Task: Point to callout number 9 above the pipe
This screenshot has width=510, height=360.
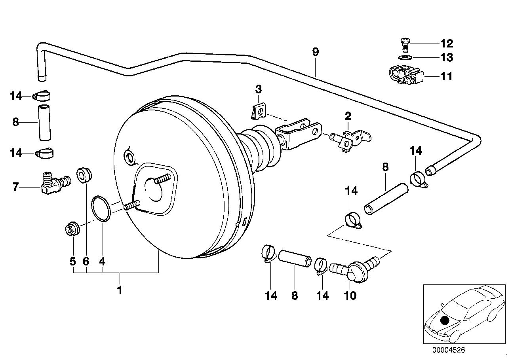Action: click(x=315, y=51)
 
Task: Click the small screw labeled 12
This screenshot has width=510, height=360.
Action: click(x=405, y=45)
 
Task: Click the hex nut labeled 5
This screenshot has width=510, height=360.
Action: click(x=72, y=229)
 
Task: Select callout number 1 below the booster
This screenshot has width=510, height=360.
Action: click(x=119, y=291)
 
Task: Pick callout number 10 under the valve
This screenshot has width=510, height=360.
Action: click(x=351, y=295)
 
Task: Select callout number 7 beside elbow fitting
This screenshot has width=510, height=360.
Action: click(x=16, y=187)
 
